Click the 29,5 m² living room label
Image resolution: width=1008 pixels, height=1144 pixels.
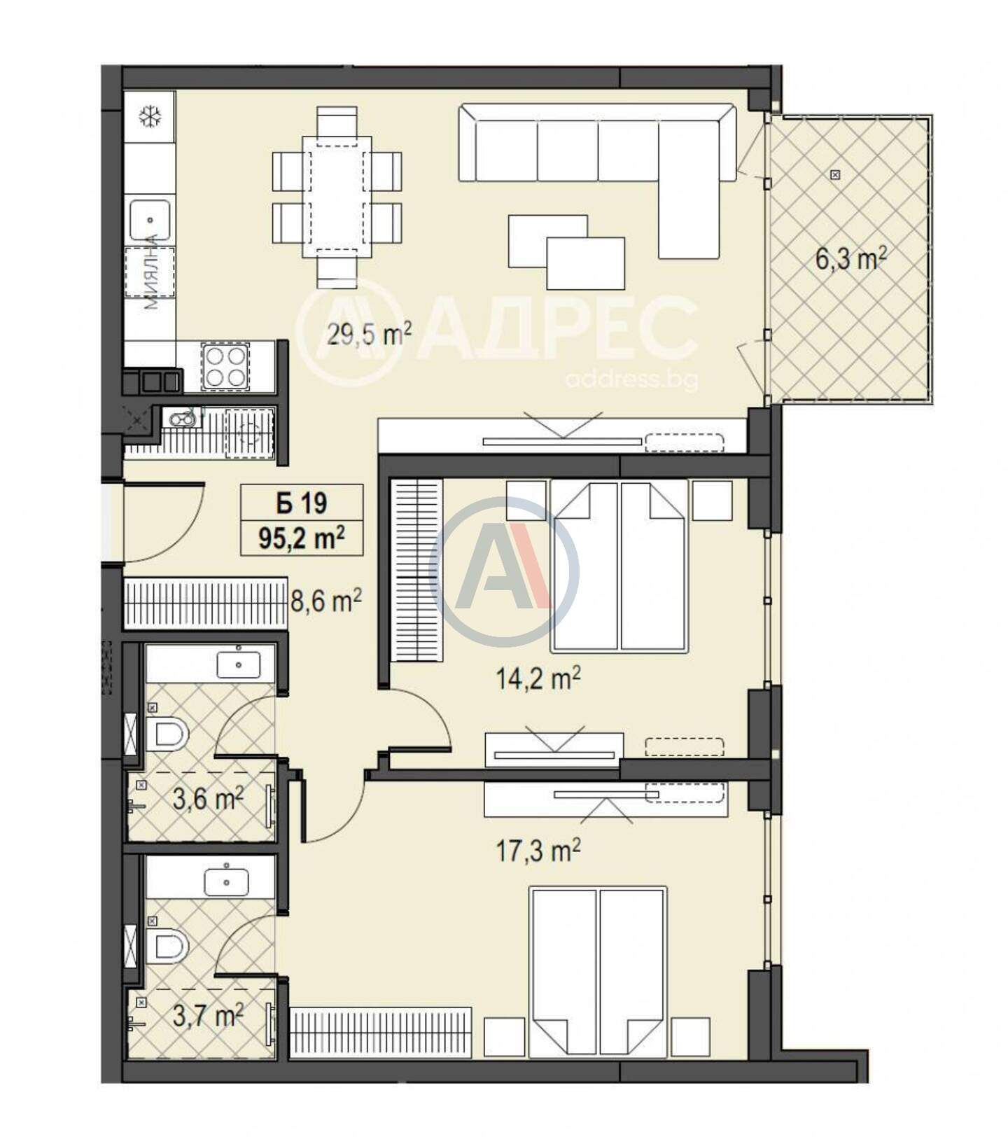(369, 334)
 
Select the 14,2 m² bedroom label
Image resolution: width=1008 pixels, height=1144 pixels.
(538, 677)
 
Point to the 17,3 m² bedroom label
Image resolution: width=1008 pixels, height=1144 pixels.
(538, 851)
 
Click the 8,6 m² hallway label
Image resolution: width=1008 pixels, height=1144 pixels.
(325, 601)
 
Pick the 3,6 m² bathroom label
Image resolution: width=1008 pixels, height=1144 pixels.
(208, 798)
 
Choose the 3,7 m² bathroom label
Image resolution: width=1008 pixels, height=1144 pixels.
(208, 1014)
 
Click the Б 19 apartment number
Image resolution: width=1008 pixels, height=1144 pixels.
(302, 503)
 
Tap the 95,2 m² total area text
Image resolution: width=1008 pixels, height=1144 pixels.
(302, 538)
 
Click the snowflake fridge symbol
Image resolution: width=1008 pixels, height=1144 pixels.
(150, 116)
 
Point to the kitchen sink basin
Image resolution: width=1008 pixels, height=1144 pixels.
(149, 220)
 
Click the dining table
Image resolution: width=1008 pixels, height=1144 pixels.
(337, 197)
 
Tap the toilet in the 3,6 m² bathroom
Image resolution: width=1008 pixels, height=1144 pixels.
(168, 734)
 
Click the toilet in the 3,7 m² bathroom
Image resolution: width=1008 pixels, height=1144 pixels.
(168, 946)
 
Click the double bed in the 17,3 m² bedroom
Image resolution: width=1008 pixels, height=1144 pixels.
(598, 972)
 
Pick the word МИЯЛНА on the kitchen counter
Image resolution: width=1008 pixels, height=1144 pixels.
(150, 272)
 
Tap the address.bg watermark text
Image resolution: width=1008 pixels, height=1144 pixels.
(631, 380)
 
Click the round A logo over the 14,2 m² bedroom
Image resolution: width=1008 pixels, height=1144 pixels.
(503, 572)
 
